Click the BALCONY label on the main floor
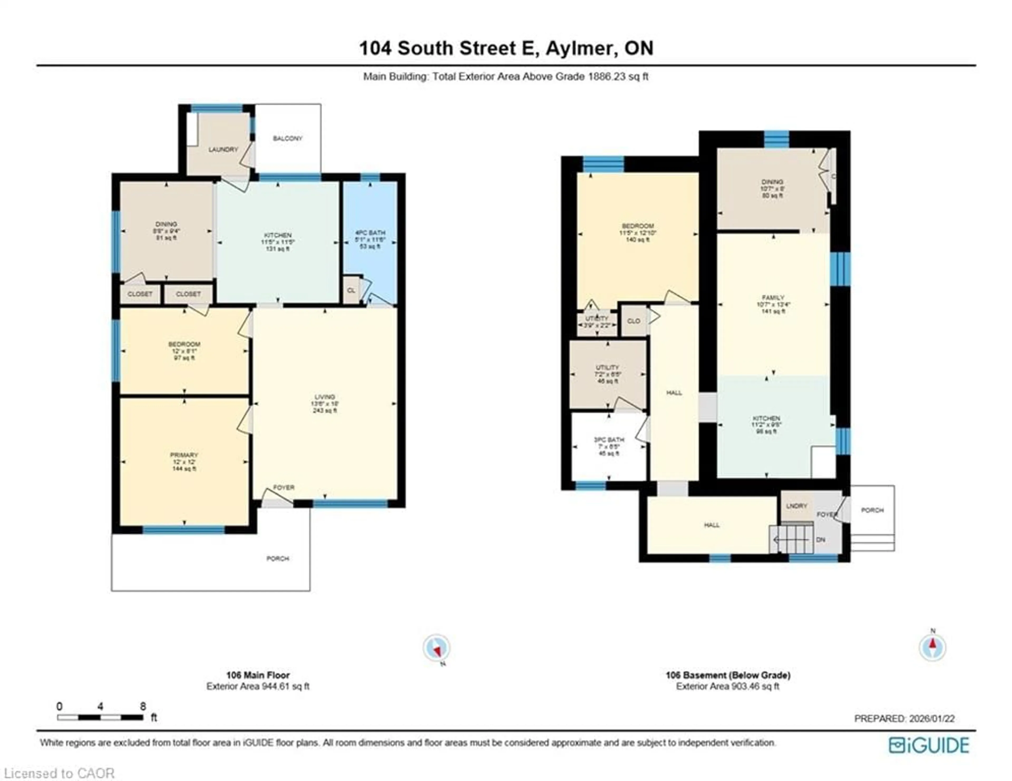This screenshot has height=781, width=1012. (x=287, y=139)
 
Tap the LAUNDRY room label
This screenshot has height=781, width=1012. (x=223, y=150)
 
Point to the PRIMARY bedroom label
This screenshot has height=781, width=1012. (x=184, y=455)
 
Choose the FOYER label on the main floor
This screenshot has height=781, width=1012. (x=284, y=488)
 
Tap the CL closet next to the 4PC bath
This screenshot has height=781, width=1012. (x=351, y=290)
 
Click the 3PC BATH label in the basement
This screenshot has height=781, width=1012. (x=609, y=440)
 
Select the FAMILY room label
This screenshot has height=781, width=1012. (x=773, y=298)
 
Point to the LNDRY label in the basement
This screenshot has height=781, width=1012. (x=796, y=506)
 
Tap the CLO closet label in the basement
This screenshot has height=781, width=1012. (x=634, y=321)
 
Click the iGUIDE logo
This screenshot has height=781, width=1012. (x=929, y=745)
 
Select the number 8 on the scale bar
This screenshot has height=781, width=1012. (x=143, y=706)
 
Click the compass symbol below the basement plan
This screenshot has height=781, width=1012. (x=932, y=648)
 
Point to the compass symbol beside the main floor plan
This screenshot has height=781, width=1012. (x=436, y=648)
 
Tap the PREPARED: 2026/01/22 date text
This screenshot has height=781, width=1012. (x=904, y=719)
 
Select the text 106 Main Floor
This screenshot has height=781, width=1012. (x=258, y=675)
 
